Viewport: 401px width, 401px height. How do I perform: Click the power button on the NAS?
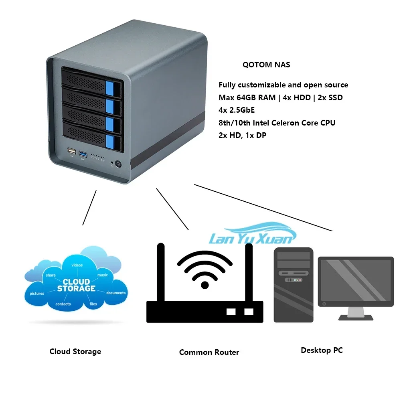pyautogui.click(x=118, y=164)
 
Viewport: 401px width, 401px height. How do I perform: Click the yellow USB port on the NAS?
pyautogui.click(x=72, y=152)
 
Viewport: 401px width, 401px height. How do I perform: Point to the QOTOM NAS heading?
pyautogui.click(x=266, y=65)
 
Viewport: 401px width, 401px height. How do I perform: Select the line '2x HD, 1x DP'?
pyautogui.click(x=242, y=135)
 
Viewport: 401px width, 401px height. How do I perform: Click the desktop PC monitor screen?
pyautogui.click(x=356, y=281)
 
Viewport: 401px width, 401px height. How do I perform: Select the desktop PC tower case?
pyautogui.click(x=293, y=285)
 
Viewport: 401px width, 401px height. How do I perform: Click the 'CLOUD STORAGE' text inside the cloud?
pyautogui.click(x=76, y=285)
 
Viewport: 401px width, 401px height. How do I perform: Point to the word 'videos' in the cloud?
pyautogui.click(x=77, y=265)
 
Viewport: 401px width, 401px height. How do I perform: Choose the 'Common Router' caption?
pyautogui.click(x=209, y=352)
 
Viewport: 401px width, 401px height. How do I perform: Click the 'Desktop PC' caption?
pyautogui.click(x=322, y=350)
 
